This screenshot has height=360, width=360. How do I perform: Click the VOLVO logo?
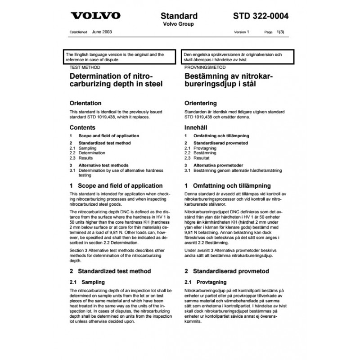coord(96,16)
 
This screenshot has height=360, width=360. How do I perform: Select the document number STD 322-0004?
coord(261,16)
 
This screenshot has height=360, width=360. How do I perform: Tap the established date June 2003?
coord(102,32)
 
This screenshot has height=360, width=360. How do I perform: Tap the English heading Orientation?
coord(85,103)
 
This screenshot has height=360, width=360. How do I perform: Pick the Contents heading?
coord(82,127)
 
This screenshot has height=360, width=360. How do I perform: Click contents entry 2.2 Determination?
coord(88,153)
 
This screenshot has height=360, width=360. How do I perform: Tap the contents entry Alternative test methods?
coord(103,165)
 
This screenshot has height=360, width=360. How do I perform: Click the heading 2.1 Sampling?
coord(87,282)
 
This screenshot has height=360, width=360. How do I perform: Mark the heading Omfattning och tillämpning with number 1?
coord(227,185)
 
